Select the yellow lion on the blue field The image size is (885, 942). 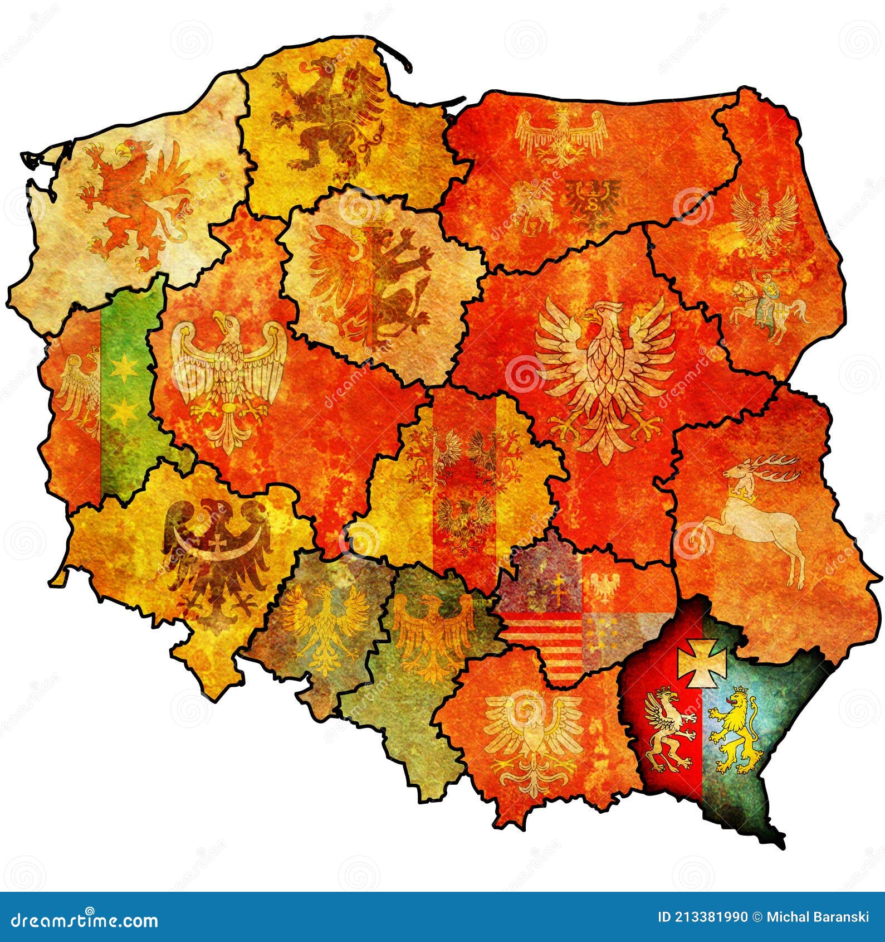pos(736,730)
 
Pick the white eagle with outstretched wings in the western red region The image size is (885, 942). pos(228,379)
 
